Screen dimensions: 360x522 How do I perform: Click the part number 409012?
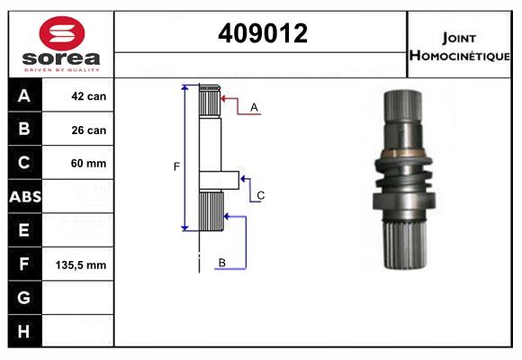tap(262, 33)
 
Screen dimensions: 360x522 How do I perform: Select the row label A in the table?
tap(24, 96)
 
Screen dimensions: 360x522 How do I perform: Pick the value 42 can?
tap(88, 96)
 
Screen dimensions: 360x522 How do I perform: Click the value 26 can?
tap(88, 130)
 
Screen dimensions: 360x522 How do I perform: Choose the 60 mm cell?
tap(88, 164)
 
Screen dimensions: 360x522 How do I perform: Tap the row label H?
tap(24, 331)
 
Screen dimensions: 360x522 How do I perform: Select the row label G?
tap(24, 298)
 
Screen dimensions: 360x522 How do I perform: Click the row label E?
tap(24, 231)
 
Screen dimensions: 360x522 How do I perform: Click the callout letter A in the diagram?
tap(255, 107)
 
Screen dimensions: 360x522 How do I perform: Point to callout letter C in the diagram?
tap(260, 195)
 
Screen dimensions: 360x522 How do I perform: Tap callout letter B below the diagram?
tap(221, 263)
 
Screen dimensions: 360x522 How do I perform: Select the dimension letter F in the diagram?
tap(176, 166)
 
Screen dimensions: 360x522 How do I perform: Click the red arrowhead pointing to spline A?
tap(223, 98)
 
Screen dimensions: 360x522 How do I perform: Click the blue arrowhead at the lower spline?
tap(227, 216)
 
